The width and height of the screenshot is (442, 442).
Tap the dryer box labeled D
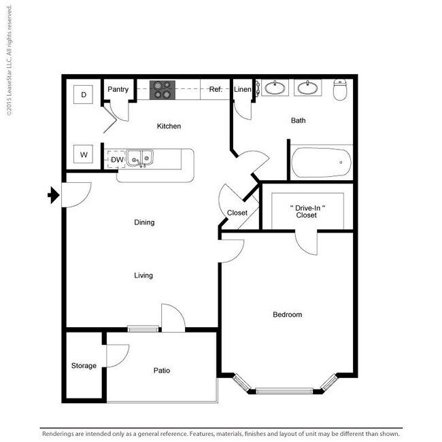[x=84, y=95]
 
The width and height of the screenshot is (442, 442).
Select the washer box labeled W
[x=84, y=154]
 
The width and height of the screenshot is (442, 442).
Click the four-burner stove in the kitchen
[x=162, y=90]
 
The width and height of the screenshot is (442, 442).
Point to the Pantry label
[x=118, y=89]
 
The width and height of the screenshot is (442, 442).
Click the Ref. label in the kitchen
[x=216, y=89]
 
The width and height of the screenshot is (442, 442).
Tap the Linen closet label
[x=242, y=89]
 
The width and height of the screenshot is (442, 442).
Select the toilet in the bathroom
[x=341, y=90]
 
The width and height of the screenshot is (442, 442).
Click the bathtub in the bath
[x=321, y=163]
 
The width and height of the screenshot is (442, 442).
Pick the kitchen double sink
[x=141, y=159]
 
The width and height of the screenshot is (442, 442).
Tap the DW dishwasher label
[x=117, y=160]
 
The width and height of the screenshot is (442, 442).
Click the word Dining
[x=144, y=222]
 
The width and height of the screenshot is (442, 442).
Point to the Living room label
[x=143, y=275]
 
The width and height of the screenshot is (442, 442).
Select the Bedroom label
[x=287, y=314]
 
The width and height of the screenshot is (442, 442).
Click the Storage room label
[x=84, y=366]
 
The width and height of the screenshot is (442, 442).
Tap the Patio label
[x=161, y=371]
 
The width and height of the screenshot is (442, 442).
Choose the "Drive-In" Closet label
[x=306, y=211]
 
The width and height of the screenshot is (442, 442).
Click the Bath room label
[x=298, y=120]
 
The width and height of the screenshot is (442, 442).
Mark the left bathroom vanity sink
[x=275, y=88]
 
